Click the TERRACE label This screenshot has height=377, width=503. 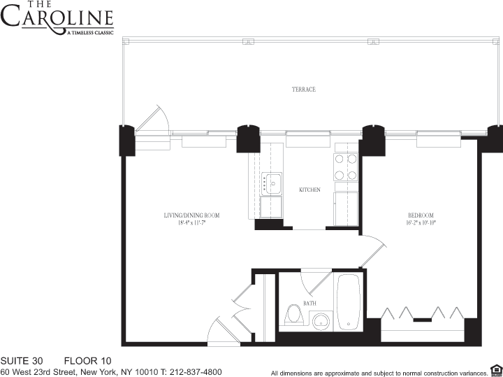303,90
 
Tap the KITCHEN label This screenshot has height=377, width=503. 309,190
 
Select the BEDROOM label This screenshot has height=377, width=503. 421,215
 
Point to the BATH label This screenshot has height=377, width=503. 309,304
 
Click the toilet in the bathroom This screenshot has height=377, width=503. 293,315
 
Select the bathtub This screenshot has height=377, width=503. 347,302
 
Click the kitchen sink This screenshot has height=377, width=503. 271,183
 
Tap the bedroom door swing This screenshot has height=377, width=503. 373,250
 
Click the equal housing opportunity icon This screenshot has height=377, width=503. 495,369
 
